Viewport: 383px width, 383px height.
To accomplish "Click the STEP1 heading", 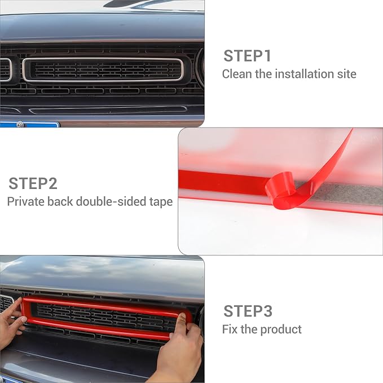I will [247, 56].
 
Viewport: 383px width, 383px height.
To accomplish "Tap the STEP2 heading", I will [33, 184].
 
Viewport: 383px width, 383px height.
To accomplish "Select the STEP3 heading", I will [248, 311].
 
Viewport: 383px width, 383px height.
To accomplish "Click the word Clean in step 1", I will [237, 74].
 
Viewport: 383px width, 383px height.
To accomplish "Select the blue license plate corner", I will [34, 124].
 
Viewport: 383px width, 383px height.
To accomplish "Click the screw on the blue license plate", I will [20, 125].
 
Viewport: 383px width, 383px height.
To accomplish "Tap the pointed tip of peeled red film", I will [352, 130].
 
